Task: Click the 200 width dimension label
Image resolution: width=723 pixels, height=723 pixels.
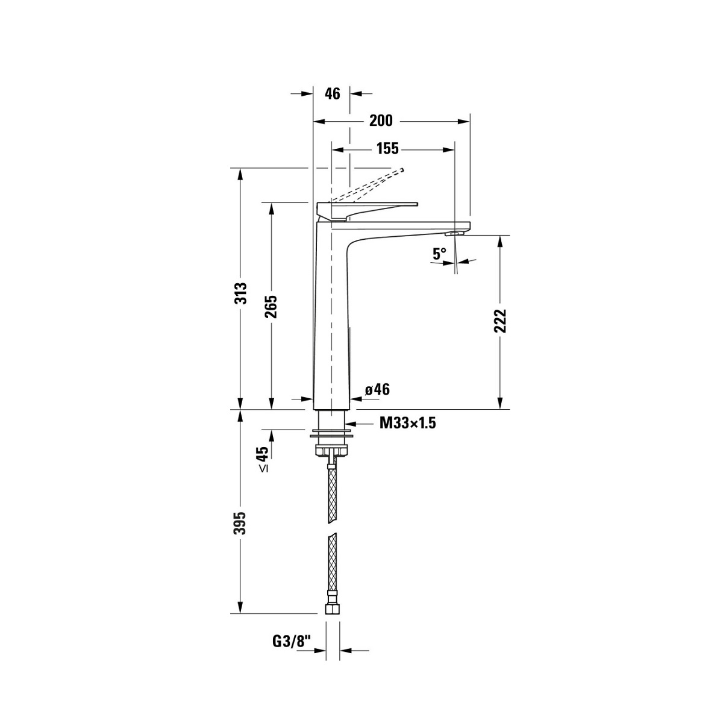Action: click(x=380, y=120)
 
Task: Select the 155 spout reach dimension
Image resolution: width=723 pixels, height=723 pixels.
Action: click(x=387, y=149)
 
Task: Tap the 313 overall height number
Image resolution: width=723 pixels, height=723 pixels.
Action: click(x=240, y=293)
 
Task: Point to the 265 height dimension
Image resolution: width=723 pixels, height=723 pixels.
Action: click(x=271, y=307)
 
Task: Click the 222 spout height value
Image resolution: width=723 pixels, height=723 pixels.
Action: click(x=499, y=321)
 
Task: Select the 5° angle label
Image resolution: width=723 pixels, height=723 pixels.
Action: click(x=439, y=254)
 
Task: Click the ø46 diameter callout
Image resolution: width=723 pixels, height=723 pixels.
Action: click(x=377, y=389)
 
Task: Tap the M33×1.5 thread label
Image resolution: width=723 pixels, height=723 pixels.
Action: click(x=408, y=423)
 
